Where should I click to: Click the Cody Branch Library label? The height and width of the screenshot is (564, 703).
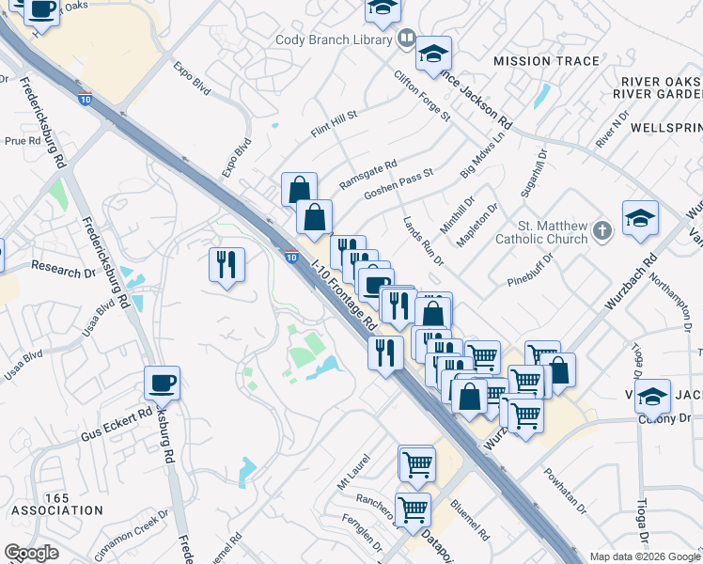[x=334, y=39]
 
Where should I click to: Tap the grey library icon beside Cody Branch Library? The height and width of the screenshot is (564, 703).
[x=406, y=39]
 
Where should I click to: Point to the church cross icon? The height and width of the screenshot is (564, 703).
[x=602, y=228]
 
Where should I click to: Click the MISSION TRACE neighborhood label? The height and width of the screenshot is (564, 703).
[x=546, y=61]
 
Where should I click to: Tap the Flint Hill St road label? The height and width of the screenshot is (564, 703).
[x=335, y=125]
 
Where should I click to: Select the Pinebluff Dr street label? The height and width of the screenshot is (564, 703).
[x=534, y=266]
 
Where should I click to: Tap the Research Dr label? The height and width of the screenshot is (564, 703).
[x=64, y=267]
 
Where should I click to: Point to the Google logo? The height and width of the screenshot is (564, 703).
[x=32, y=553]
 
